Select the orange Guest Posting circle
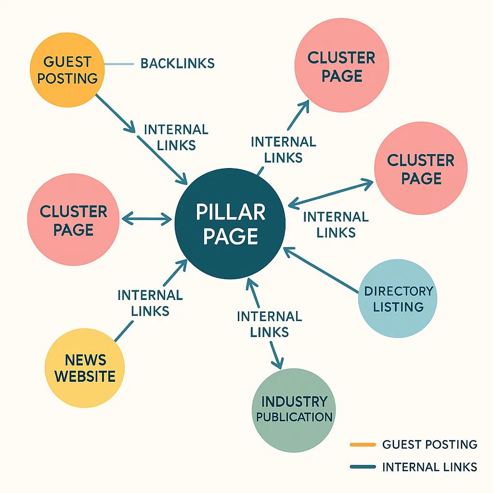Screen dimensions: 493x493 coord(67,70)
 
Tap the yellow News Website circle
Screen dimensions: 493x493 coord(84,368)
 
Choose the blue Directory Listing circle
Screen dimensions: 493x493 coord(398,298)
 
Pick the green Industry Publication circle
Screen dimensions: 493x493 coord(294,409)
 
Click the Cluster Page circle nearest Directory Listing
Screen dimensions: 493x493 coord(421,169)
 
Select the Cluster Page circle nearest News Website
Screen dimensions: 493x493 coord(73,220)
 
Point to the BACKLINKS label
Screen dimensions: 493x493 coord(177,63)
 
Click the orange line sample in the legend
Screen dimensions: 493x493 coord(363,444)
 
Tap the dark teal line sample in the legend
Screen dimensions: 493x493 coord(363,467)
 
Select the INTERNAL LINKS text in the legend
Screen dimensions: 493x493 coord(429,467)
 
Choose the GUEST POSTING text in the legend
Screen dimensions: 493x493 coord(429,444)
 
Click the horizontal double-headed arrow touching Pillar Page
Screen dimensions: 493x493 coord(147,220)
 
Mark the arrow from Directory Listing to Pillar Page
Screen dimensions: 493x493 coord(322,271)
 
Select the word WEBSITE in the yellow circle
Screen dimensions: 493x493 coord(85,376)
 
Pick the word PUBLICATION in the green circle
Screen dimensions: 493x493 coord(294,416)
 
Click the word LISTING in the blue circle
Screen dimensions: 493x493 coord(398,307)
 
